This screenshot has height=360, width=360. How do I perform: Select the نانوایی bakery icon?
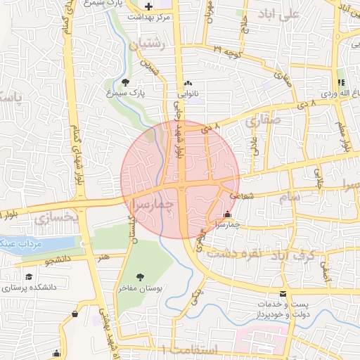188,82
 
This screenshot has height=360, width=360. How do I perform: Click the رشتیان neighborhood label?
146,44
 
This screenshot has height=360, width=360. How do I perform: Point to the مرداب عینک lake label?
23,243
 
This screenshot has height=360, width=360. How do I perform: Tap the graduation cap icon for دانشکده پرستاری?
29,277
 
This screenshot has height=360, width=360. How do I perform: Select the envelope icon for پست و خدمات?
283,293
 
